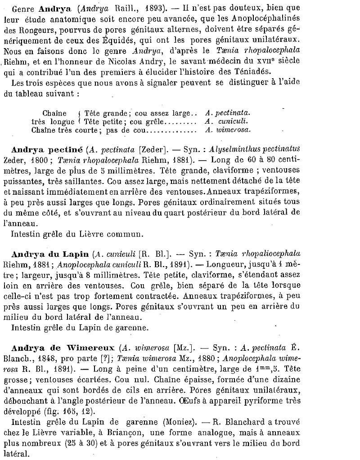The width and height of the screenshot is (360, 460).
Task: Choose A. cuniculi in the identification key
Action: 226,121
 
